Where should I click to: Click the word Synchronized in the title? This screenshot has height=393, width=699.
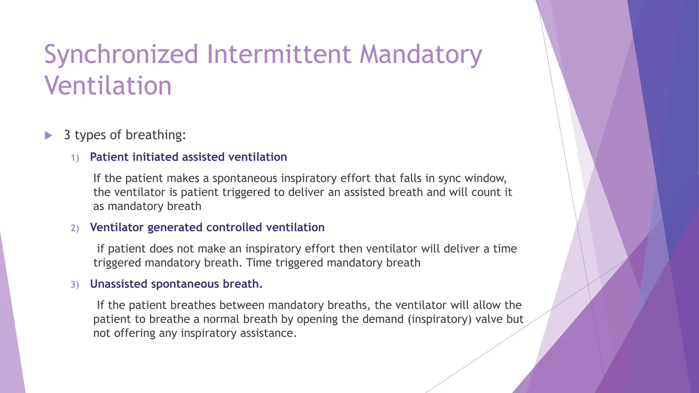(x=121, y=55)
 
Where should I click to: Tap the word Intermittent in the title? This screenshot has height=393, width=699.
(x=279, y=55)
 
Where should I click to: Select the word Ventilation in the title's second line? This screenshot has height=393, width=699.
(x=108, y=86)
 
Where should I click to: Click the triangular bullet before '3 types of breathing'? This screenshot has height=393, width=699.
(x=48, y=136)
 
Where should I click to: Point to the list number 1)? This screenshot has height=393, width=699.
(x=75, y=158)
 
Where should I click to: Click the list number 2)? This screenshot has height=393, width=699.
(x=75, y=228)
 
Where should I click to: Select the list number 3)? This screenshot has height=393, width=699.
(x=75, y=285)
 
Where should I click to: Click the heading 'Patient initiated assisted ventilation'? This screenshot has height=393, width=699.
(x=188, y=157)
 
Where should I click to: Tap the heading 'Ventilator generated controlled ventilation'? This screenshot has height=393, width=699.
(x=207, y=227)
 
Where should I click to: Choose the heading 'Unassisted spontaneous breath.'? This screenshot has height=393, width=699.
(x=176, y=284)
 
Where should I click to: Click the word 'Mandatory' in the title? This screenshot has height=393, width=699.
(x=420, y=55)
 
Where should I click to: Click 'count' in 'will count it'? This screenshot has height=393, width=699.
(x=486, y=192)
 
